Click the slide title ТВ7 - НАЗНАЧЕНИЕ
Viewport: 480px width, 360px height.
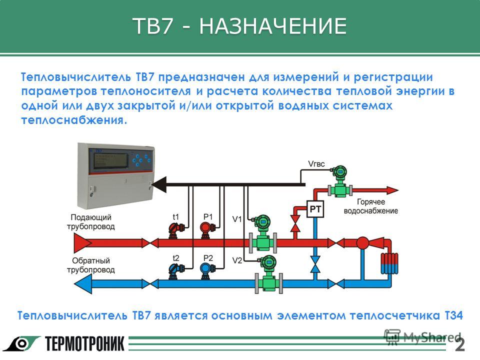[x=239, y=26]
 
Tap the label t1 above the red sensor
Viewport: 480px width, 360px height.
[x=176, y=216]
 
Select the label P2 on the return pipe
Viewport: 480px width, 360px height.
[x=208, y=258]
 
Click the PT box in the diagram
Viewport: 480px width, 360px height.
[x=315, y=209]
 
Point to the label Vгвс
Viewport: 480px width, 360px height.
[x=317, y=163]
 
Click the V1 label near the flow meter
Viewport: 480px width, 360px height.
[x=237, y=219]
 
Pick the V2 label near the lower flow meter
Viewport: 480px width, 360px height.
[x=237, y=260]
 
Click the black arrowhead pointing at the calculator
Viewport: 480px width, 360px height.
[x=159, y=184]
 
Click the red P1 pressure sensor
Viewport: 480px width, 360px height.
[x=206, y=227]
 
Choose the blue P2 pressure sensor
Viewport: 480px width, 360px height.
[x=206, y=269]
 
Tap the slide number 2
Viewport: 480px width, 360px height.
[x=460, y=344]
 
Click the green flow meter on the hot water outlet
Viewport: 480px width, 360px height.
[x=340, y=187]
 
